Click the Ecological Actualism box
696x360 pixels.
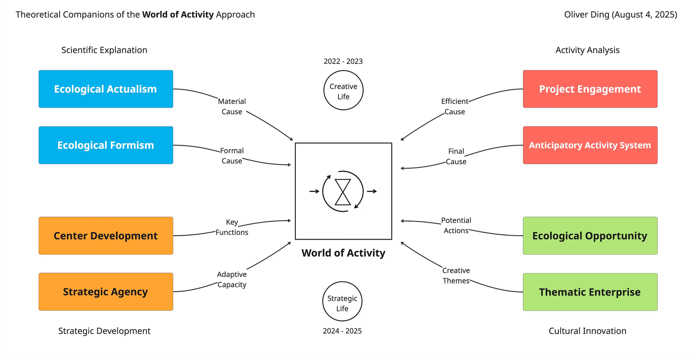coord(106,89)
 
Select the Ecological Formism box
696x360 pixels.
coord(106,145)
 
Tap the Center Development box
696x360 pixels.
coord(106,236)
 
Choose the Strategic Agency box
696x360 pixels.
coord(106,292)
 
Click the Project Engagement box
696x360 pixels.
coord(590,89)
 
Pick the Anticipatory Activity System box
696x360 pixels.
coord(590,145)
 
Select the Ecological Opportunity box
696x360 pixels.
coord(590,236)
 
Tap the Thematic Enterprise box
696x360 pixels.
coord(590,292)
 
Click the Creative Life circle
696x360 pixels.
coord(343,90)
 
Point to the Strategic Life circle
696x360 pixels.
coord(342,301)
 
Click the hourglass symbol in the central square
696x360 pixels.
coord(343,192)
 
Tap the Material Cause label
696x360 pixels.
coord(232,107)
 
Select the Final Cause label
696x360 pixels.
coord(456,157)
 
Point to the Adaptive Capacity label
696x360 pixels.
coord(232,280)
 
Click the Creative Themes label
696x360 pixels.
coord(456,276)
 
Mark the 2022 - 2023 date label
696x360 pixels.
coord(343,61)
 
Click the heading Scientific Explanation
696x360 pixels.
coord(104,50)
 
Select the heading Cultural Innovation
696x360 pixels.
coord(587,331)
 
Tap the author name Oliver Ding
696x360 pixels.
coord(587,15)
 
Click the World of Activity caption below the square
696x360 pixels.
coord(343,253)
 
